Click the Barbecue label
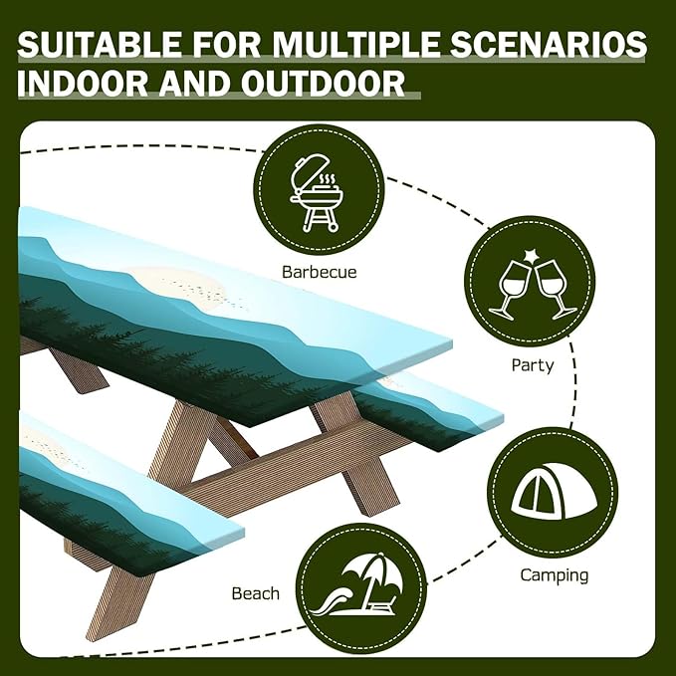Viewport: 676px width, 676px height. [319, 271]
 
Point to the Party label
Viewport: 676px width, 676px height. [533, 365]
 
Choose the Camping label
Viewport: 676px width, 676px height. [555, 575]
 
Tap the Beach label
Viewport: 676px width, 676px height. [255, 593]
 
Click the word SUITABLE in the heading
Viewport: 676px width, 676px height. [99, 45]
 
